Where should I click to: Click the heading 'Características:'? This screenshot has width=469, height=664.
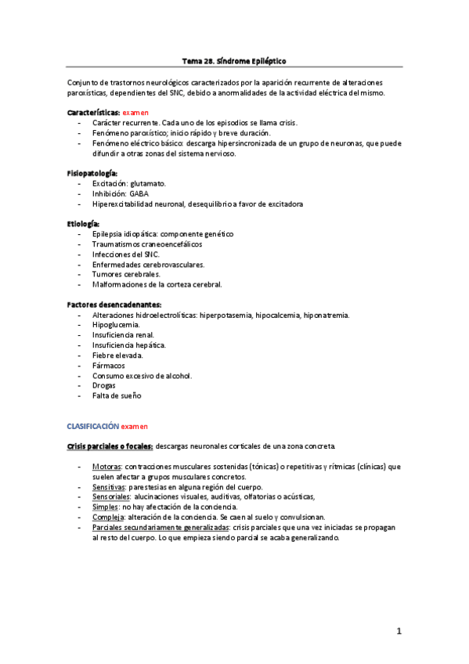pos(93,114)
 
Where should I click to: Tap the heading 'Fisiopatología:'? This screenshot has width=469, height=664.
pos(92,172)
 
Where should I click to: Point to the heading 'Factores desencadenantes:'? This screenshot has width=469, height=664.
pos(114,305)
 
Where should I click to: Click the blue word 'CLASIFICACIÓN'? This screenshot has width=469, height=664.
pos(92,426)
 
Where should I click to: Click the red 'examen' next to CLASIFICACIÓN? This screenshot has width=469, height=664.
pos(135,426)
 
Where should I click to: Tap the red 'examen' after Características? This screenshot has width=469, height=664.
pos(135,114)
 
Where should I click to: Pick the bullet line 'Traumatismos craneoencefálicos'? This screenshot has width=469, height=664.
pos(144,244)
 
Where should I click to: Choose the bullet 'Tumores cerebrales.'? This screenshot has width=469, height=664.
pos(126,275)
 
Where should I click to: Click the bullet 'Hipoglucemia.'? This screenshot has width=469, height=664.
pos(116,325)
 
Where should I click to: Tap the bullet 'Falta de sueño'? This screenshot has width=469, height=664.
pos(117,396)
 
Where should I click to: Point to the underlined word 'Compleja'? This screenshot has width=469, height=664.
pos(108,518)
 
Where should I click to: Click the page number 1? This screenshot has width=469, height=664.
pos(399,632)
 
